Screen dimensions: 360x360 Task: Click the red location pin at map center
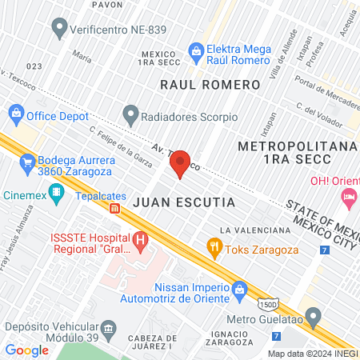(180, 163)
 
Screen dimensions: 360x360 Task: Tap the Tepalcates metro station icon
(115, 209)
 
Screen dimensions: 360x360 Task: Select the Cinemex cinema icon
(55, 192)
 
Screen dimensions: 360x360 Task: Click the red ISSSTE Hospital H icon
(141, 238)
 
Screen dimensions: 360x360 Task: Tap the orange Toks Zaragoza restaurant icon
(214, 246)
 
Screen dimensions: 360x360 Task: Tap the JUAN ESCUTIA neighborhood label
(183, 202)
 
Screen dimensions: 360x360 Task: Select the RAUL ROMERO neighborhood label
(210, 85)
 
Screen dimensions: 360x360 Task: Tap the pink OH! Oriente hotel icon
(349, 196)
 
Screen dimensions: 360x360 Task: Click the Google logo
(26, 350)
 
